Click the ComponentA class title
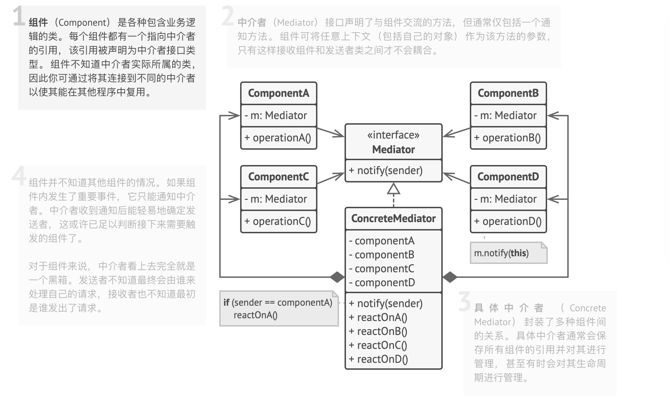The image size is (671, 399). click(278, 93)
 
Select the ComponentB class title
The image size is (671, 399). click(508, 93)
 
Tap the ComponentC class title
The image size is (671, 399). click(278, 177)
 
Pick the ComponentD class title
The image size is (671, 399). click(508, 177)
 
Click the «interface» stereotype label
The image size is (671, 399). click(393, 135)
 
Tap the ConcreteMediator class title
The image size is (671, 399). click(393, 218)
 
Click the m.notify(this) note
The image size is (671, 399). click(501, 253)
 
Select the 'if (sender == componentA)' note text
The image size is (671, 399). click(278, 303)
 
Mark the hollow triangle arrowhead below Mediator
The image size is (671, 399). click(394, 189)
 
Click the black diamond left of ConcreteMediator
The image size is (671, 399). click(337, 277)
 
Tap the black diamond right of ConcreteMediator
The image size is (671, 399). click(450, 277)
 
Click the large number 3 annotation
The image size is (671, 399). click(465, 302)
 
